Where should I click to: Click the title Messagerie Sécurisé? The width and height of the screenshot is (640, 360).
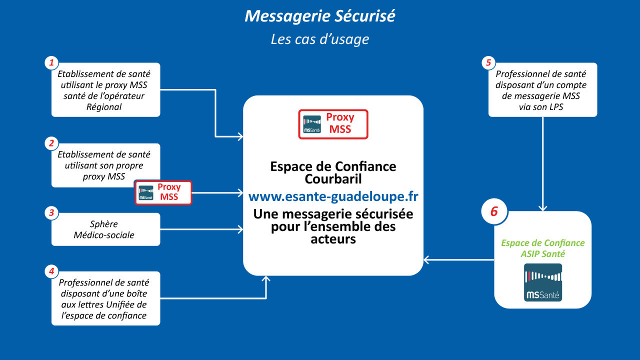tap(320, 16)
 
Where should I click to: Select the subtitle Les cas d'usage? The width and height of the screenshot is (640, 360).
tap(320, 39)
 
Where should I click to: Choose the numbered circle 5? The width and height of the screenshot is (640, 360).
tap(488, 63)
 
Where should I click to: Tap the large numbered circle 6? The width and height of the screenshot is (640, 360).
tap(494, 211)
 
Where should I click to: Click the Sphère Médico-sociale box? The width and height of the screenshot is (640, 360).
tap(105, 229)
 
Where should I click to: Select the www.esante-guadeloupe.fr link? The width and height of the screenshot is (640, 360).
tap(333, 196)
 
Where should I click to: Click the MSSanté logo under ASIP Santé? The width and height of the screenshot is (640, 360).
tap(543, 282)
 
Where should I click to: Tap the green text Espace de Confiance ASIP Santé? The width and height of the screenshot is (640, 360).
tap(543, 248)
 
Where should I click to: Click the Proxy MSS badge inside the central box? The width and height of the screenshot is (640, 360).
tap(333, 124)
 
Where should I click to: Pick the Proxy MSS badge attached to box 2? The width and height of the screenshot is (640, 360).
tap(163, 192)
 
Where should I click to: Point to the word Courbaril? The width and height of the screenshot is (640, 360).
tap(333, 178)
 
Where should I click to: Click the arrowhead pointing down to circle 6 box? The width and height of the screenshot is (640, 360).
tap(543, 208)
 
